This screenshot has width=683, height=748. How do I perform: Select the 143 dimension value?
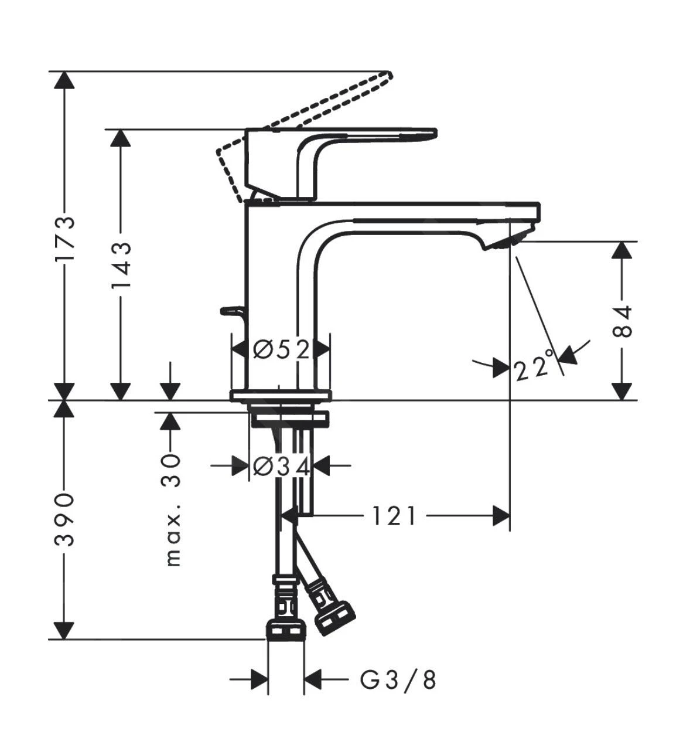pyautogui.click(x=121, y=265)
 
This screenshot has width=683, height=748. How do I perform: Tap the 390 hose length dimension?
pyautogui.click(x=65, y=519)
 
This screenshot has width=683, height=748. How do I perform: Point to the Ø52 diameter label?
pyautogui.click(x=281, y=350)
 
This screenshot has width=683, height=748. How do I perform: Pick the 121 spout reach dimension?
pyautogui.click(x=394, y=516)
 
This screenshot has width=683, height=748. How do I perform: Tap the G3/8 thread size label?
pyautogui.click(x=398, y=680)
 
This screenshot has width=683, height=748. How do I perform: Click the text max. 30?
pyautogui.click(x=172, y=509)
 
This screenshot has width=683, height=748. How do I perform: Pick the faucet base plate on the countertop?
pyautogui.click(x=281, y=396)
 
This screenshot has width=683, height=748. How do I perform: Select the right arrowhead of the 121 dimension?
pyautogui.click(x=501, y=516)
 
